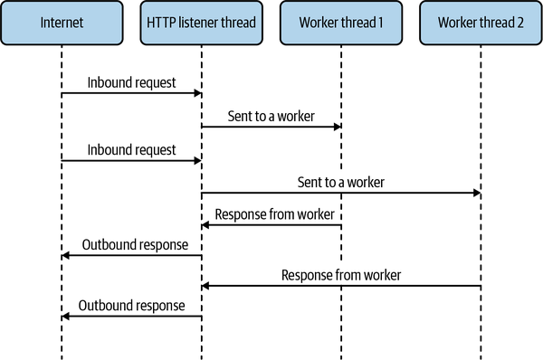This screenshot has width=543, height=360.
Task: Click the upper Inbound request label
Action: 131,82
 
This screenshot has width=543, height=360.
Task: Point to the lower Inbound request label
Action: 131,148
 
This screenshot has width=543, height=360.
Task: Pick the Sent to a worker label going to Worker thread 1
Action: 271,115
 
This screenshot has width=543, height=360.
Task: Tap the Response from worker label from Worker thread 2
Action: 340,274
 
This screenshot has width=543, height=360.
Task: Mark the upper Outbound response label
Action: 131,244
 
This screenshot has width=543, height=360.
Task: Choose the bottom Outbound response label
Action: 131,305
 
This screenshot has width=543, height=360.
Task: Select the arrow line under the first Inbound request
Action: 131,94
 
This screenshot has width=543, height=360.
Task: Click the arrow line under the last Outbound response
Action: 131,316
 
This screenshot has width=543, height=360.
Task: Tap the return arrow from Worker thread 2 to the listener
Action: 340,286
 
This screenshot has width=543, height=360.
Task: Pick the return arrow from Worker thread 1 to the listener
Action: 271,225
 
